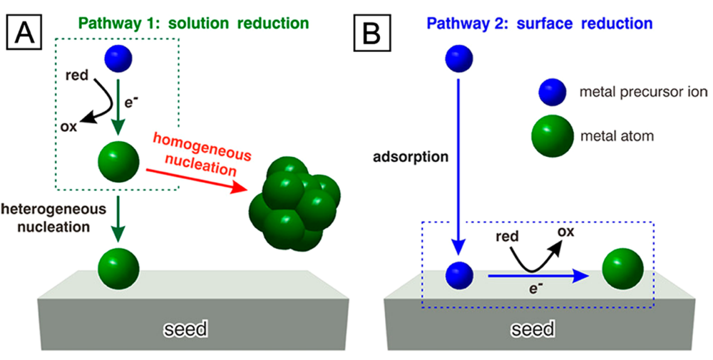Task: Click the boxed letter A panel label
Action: point(24,32)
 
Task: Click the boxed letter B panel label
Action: point(371,32)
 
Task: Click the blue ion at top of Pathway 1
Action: point(118,58)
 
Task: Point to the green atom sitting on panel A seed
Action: point(118,269)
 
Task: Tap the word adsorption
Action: point(411,158)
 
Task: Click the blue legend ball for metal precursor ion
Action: point(552,92)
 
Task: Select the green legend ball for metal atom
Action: point(552,135)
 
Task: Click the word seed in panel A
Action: point(185,328)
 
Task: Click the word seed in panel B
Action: point(532,328)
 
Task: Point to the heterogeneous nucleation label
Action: point(53,217)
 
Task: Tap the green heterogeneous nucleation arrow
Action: point(118,219)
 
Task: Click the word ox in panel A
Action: point(68,126)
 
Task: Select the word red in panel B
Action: point(508,237)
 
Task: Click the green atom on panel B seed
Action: point(622,269)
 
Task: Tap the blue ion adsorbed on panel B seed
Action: point(459,275)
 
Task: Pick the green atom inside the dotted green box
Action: point(118,161)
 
